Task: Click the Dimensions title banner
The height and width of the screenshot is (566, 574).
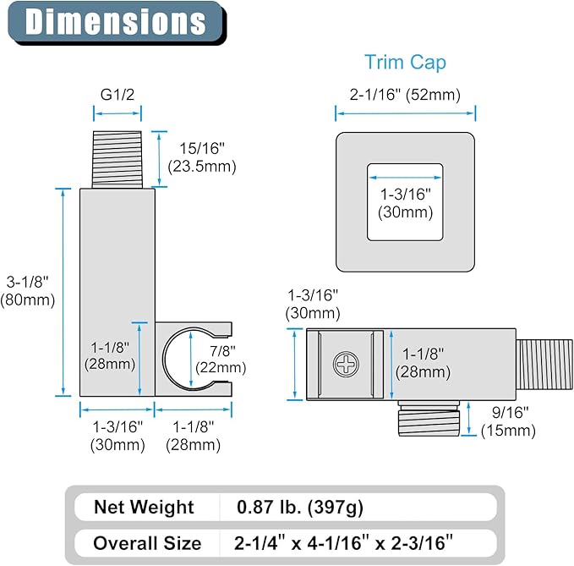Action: [117, 22]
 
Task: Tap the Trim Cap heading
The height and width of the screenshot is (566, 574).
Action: [405, 63]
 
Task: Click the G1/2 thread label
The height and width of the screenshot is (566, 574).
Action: [118, 95]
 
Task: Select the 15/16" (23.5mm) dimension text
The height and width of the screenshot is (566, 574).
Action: [202, 157]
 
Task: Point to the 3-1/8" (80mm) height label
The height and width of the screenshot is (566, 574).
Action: [27, 291]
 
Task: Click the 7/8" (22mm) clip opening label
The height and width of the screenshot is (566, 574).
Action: [221, 359]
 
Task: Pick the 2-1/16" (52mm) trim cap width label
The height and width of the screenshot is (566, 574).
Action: [405, 95]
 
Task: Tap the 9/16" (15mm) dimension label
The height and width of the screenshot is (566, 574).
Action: [508, 421]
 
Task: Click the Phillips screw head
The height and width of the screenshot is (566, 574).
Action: [346, 364]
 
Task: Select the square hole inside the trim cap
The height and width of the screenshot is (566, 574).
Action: [405, 202]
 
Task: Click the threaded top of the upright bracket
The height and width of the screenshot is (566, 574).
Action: [118, 160]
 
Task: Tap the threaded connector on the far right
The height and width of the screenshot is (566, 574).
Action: [544, 365]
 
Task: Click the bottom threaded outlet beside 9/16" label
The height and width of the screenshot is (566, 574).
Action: [429, 418]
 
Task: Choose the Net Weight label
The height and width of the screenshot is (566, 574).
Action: [144, 507]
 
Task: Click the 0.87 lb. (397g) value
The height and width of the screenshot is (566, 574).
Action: [300, 508]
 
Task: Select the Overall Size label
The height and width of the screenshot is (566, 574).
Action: [147, 543]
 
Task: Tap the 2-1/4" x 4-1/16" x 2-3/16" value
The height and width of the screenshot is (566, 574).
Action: [343, 543]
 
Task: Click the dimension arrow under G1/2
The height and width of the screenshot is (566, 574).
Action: [118, 113]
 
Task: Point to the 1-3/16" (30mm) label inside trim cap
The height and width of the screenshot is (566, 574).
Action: [405, 203]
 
